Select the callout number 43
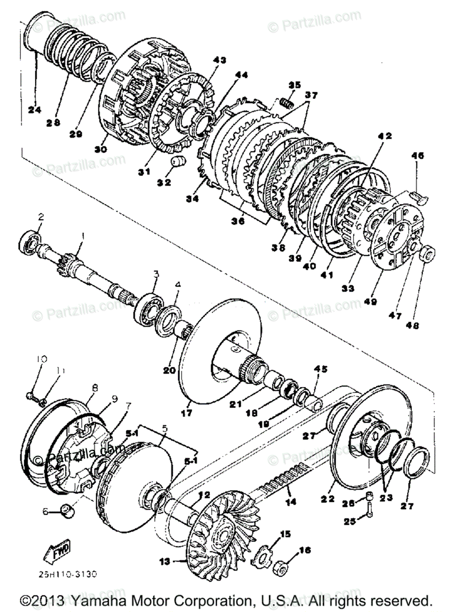click(219, 60)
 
